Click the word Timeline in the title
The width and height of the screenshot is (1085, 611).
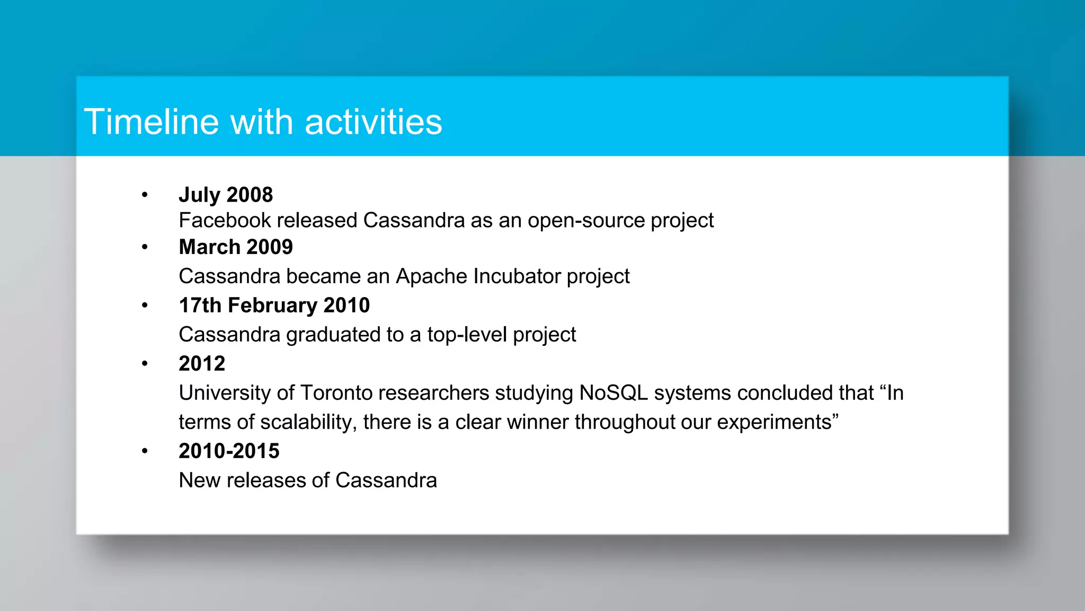tap(152, 122)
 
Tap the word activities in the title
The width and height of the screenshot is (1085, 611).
tap(373, 122)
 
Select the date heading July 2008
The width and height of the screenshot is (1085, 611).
tap(226, 195)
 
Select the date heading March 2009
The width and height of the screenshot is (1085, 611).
tap(236, 247)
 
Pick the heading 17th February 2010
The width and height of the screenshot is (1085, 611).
tap(274, 305)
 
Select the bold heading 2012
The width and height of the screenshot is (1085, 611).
tap(202, 364)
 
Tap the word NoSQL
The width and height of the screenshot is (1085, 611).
tap(613, 393)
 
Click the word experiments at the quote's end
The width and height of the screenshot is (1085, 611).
tap(774, 423)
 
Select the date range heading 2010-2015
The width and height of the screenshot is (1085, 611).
tap(229, 451)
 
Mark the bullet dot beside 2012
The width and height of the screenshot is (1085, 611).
tap(145, 364)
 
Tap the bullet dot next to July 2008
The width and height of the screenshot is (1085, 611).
tap(145, 195)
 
